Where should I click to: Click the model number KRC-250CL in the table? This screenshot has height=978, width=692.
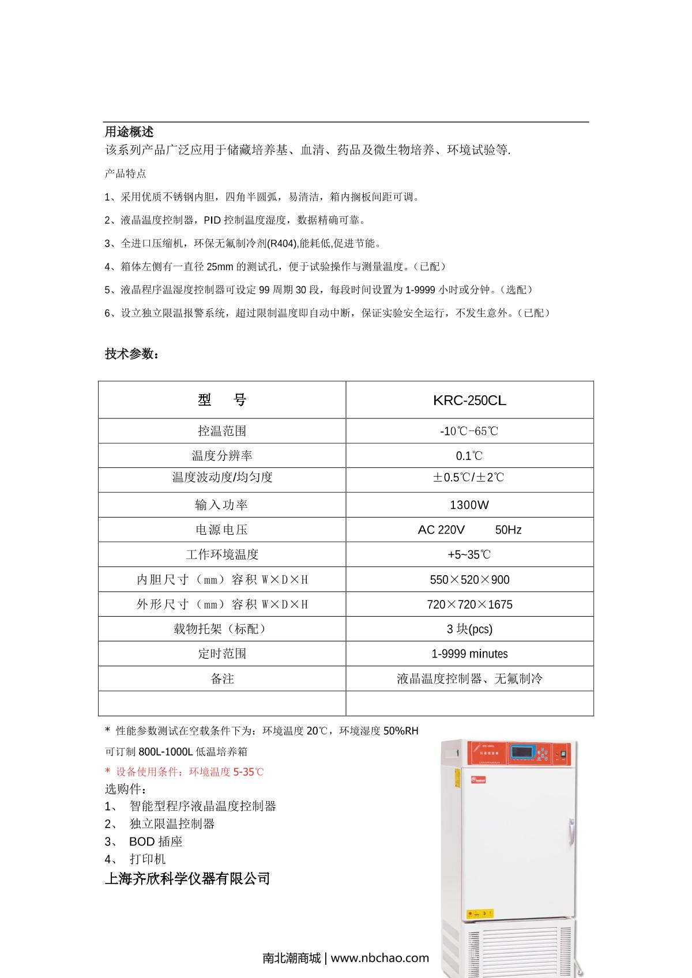point(469,401)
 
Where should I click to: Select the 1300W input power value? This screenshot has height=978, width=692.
point(469,505)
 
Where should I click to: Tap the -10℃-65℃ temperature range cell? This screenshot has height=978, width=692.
point(469,431)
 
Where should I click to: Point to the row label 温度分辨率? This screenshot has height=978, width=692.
point(222,456)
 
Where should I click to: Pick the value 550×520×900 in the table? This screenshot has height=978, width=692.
point(469,580)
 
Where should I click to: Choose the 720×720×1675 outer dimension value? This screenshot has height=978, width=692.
point(469,605)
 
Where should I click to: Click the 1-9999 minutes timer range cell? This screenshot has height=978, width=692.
point(469,654)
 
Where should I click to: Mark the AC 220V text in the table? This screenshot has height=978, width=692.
point(441,530)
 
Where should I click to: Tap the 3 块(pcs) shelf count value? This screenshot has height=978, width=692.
point(469,629)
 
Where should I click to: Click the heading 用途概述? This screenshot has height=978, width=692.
point(129,132)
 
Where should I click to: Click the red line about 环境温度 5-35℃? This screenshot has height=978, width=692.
point(185,772)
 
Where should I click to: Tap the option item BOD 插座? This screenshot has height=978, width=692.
point(156,842)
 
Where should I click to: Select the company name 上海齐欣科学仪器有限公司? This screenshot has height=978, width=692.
point(187,879)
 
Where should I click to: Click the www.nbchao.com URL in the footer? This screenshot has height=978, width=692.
point(380,958)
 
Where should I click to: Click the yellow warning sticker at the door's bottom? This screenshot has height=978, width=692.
point(480,913)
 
